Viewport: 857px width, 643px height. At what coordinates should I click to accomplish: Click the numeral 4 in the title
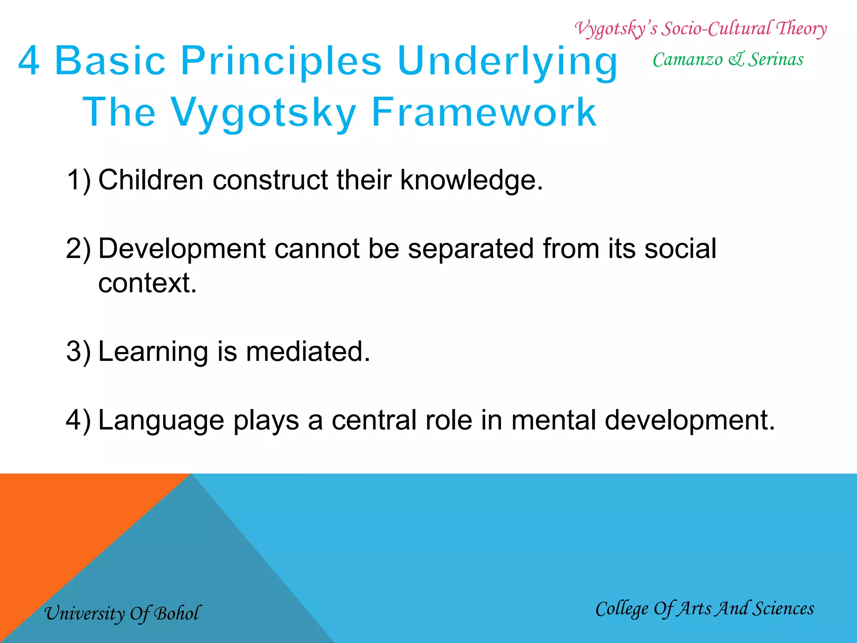coord(29,61)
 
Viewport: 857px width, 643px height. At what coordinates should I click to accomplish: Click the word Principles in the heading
coord(281,61)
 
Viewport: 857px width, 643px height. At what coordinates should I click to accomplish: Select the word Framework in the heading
coord(484,112)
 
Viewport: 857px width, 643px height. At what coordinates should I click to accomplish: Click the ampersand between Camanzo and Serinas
coord(736,59)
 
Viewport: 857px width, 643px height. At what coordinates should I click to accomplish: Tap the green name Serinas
coord(775,59)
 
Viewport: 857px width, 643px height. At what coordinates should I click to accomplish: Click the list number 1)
coord(79,180)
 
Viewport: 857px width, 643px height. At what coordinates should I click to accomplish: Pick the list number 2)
coord(79,249)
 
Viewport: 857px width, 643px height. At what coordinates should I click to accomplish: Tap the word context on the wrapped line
coord(146,283)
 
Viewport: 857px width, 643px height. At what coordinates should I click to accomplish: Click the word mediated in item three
coord(308,351)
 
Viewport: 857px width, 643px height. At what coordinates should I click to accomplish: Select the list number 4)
coord(79,420)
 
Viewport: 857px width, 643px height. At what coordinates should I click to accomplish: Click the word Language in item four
coord(161,421)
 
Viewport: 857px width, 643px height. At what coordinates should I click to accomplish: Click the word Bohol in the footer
coord(177,613)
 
